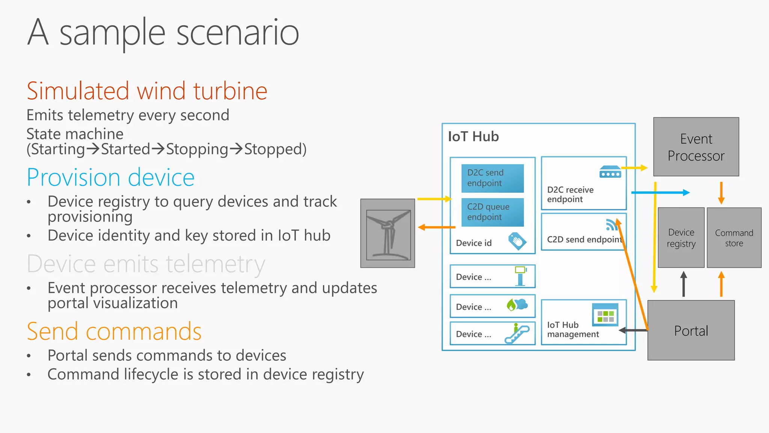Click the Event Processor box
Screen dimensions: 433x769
click(x=696, y=147)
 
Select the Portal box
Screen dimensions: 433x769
click(x=691, y=330)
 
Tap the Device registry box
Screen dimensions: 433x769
click(x=681, y=238)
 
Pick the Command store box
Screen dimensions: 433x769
click(x=734, y=238)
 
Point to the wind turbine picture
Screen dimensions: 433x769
click(x=388, y=233)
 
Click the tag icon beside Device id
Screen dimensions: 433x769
click(x=517, y=241)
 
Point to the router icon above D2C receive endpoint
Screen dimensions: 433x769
click(x=610, y=172)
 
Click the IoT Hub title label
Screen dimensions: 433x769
click(x=473, y=136)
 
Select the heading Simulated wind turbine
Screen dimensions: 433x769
click(x=147, y=91)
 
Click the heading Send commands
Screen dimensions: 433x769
click(x=114, y=332)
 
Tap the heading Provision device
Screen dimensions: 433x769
click(x=111, y=177)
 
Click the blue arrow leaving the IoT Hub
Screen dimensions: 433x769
click(x=661, y=192)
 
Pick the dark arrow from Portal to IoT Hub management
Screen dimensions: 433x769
click(x=633, y=330)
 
